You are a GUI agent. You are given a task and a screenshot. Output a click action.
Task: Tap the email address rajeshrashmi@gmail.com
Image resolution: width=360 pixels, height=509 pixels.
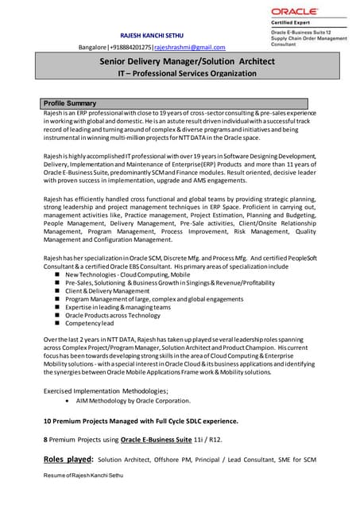190,48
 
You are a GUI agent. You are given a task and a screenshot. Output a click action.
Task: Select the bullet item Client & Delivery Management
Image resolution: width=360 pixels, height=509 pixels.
111,291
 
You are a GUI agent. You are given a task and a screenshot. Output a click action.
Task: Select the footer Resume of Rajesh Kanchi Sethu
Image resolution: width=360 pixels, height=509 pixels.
83,475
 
